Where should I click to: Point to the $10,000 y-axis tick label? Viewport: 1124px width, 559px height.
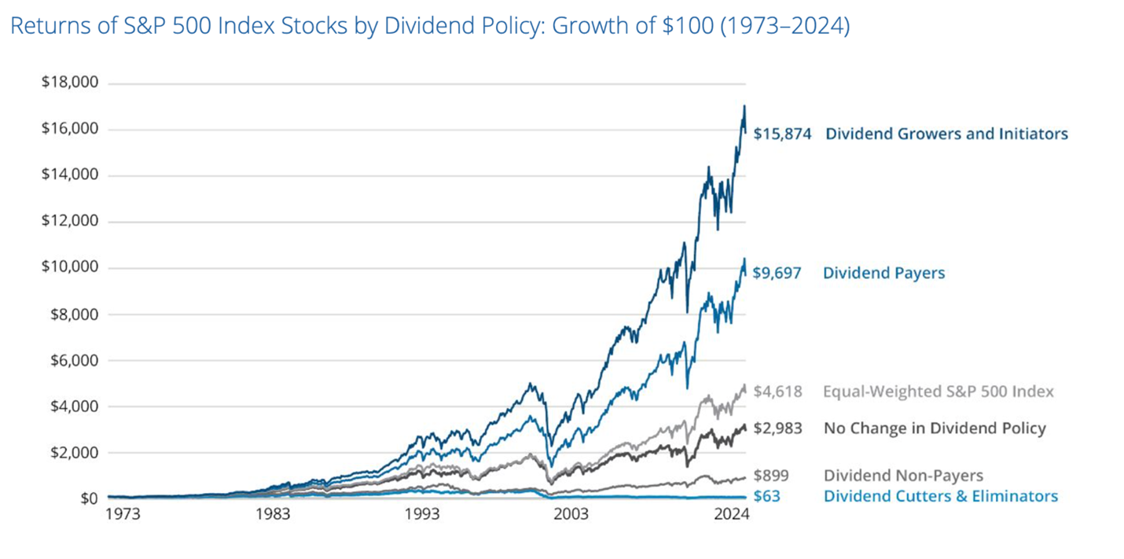point(69,268)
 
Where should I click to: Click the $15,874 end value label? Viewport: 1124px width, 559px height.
point(782,134)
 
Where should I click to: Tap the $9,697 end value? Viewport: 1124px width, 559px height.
point(777,274)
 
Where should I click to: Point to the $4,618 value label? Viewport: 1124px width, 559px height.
point(777,392)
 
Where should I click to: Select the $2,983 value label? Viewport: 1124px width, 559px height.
point(777,428)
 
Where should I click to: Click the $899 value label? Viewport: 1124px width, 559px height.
point(771,475)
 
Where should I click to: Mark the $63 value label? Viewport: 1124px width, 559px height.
point(766,496)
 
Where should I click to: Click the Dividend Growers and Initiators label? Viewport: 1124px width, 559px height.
point(946,134)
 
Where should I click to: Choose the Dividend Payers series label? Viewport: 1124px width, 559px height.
point(883,274)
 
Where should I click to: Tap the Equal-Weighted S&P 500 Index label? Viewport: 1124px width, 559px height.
point(939,392)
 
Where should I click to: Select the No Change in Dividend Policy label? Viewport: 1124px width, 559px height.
point(935,428)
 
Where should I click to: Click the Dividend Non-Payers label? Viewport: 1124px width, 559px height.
point(903,475)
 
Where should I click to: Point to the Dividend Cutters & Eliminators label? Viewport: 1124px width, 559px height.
point(940,496)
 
